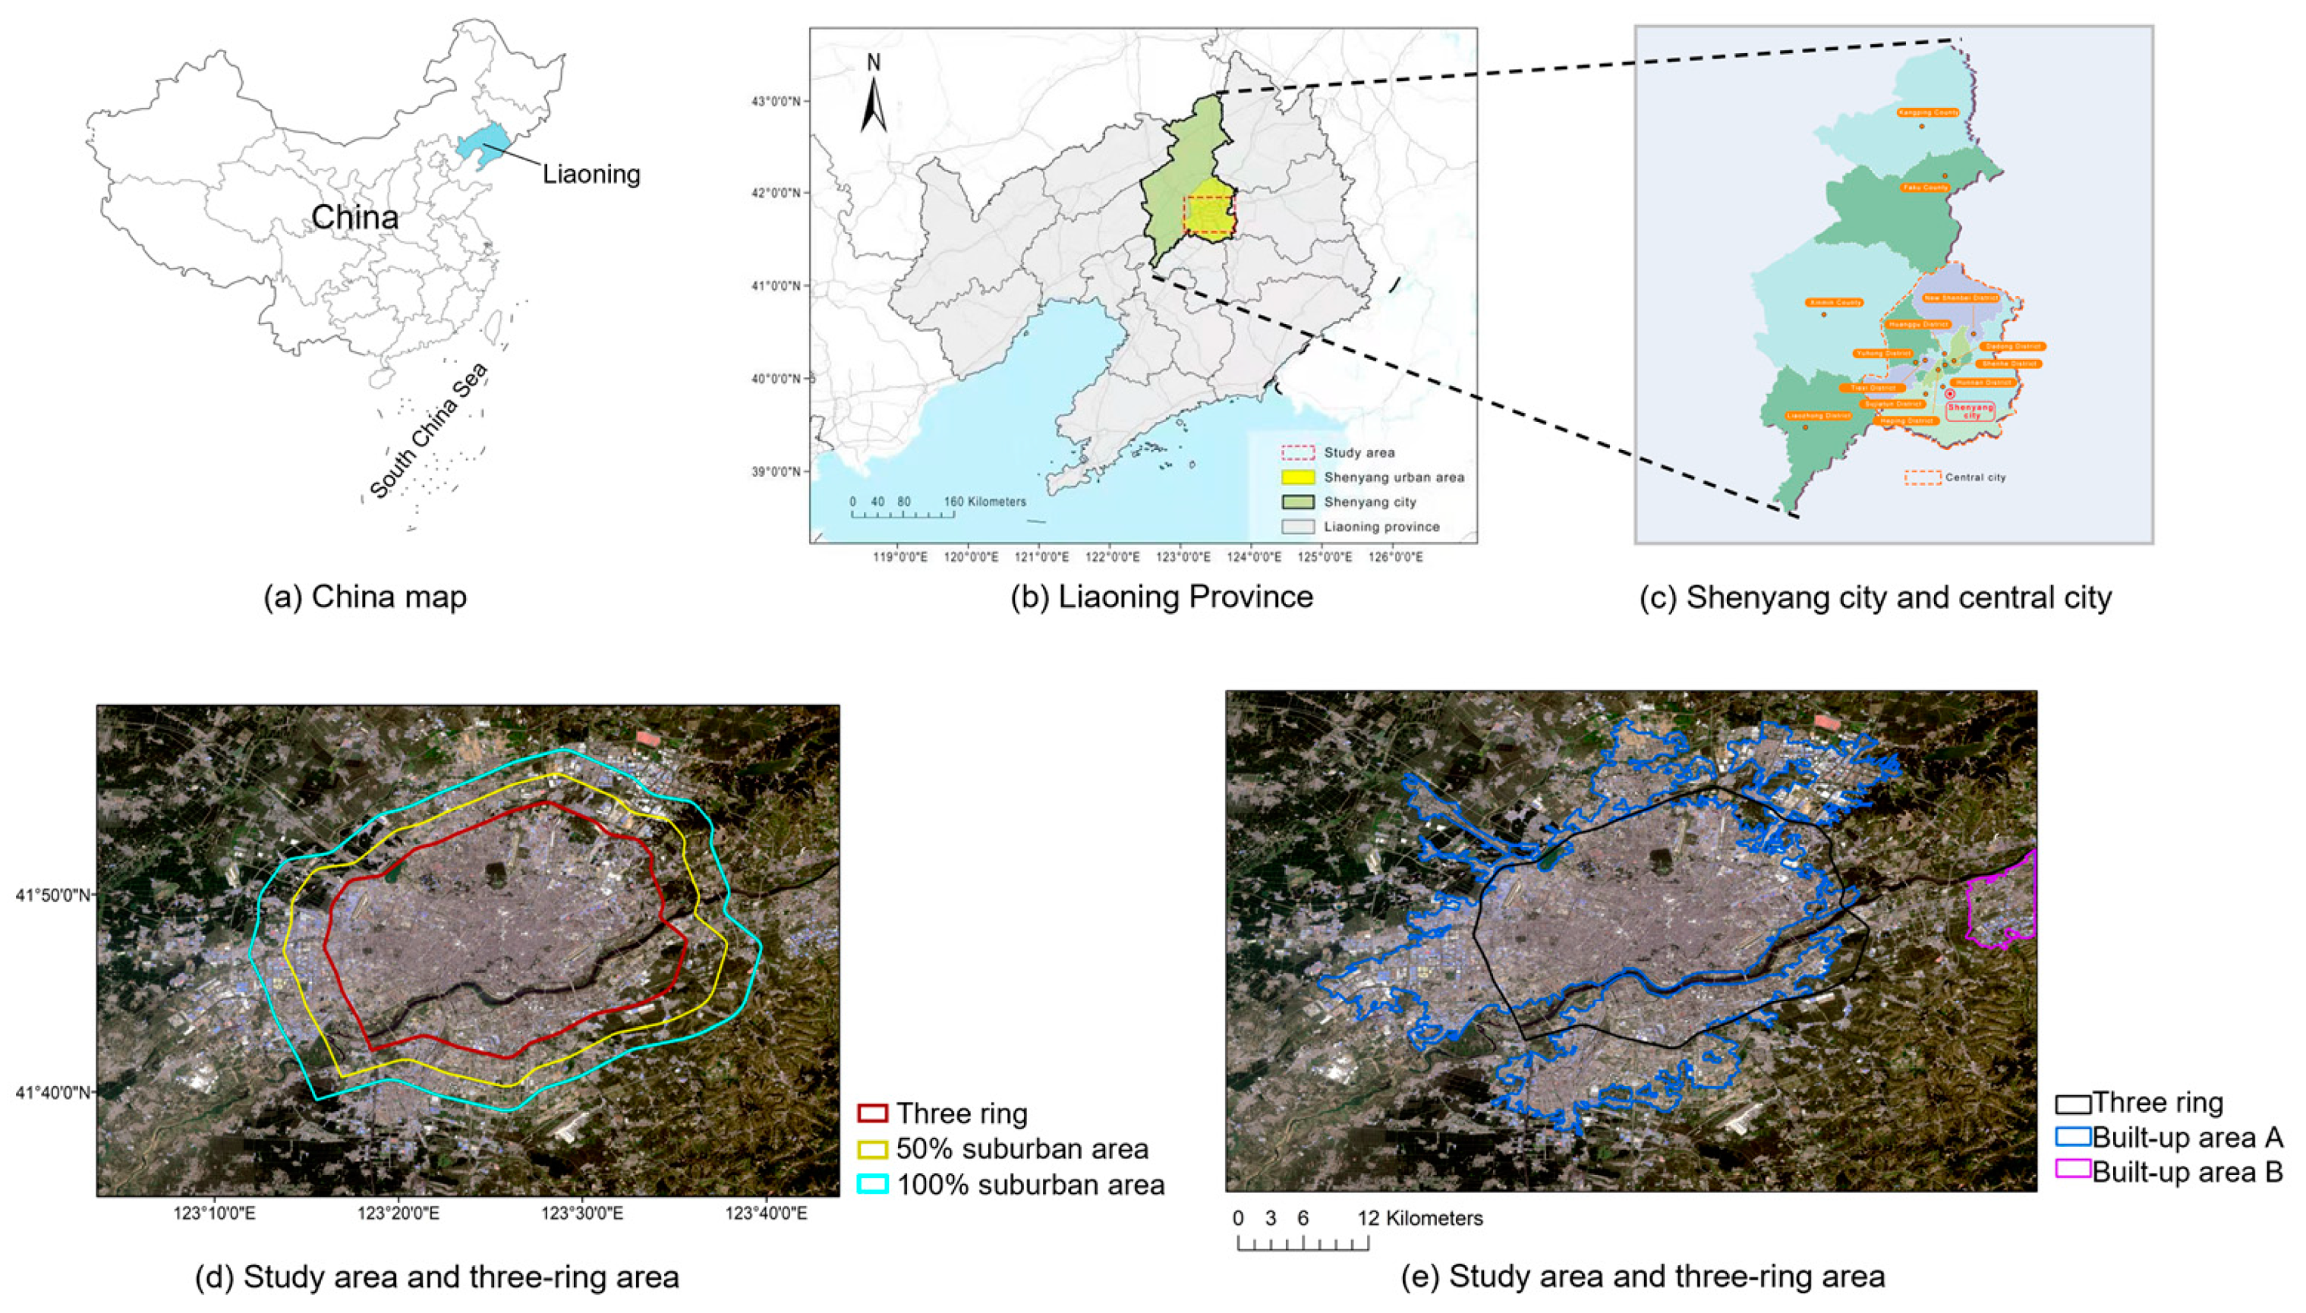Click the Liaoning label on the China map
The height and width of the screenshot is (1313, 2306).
(591, 174)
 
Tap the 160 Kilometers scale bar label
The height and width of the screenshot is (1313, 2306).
(984, 502)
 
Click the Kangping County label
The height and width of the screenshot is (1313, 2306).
(1928, 113)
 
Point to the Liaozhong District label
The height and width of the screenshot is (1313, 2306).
(1819, 416)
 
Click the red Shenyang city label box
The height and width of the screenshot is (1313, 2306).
(1970, 411)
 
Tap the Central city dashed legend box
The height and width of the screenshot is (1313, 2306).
(1922, 477)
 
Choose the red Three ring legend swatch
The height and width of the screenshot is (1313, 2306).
(873, 1113)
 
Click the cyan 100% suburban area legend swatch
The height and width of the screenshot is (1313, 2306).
(873, 1184)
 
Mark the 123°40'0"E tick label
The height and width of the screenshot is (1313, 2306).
(766, 1213)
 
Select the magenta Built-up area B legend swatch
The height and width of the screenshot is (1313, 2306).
(2072, 1170)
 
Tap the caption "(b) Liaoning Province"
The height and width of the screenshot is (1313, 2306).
(1161, 597)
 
